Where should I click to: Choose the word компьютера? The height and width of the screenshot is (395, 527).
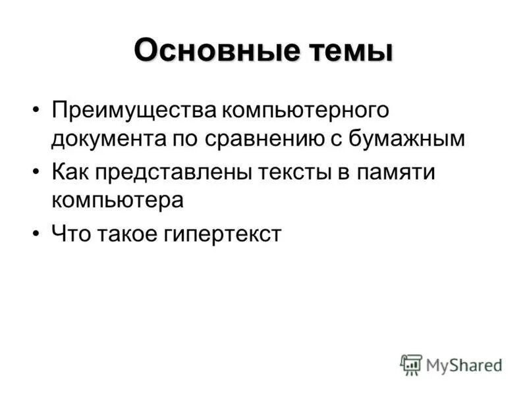pos(117,200)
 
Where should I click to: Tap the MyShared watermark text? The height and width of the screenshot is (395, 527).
pos(464,364)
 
